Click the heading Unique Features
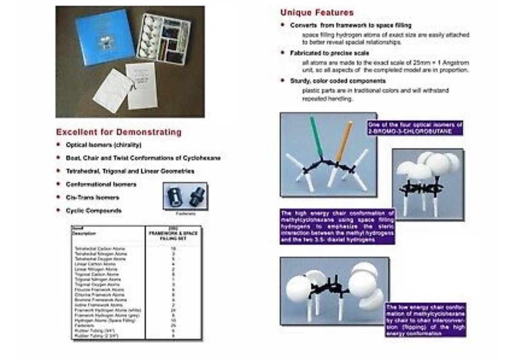pos(317,12)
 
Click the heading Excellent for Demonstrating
pos(118,132)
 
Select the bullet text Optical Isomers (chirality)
pos(104,145)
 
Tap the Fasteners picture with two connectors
pos(185,196)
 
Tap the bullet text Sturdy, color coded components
pos(337,81)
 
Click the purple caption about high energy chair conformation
pos(337,226)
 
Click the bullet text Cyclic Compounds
pos(93,211)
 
